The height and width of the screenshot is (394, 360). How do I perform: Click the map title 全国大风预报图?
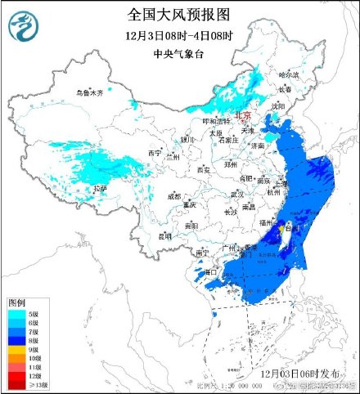[180, 14]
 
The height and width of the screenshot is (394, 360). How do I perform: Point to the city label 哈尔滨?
[289, 74]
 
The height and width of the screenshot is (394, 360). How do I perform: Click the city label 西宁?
[155, 153]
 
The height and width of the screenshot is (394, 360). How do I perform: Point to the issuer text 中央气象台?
[180, 53]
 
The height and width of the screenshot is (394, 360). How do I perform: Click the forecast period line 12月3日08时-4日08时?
[180, 36]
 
